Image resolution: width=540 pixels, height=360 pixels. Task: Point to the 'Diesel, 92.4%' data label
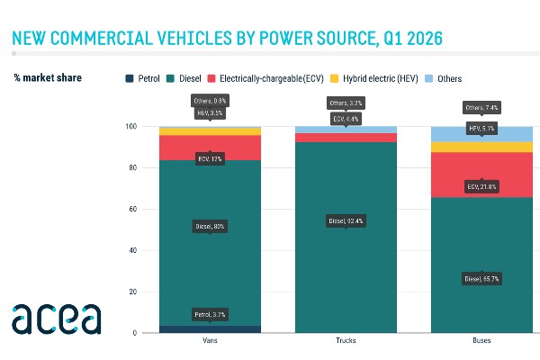(x=346, y=220)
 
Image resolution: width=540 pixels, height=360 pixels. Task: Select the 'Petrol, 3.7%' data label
(x=210, y=314)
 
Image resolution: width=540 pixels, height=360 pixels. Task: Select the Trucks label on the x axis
(x=346, y=342)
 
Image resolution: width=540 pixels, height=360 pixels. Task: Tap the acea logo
(x=56, y=319)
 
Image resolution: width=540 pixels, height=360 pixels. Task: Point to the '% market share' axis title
(x=48, y=78)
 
